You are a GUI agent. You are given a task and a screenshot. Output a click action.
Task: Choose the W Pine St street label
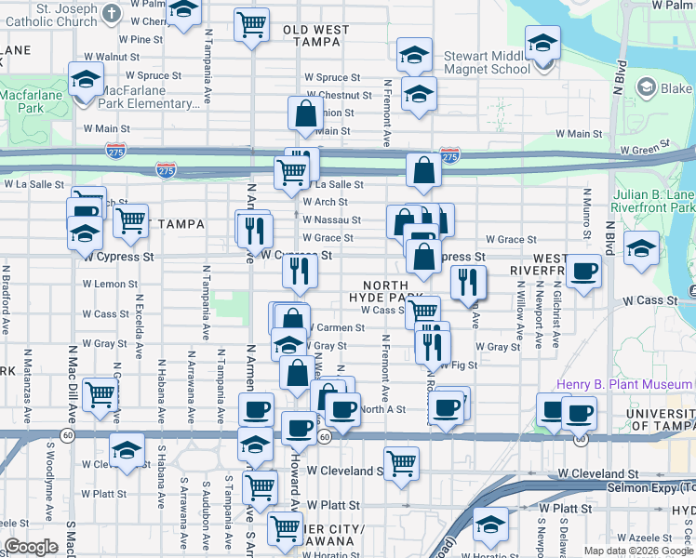(x=141, y=40)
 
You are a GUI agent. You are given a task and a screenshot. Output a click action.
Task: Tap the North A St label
(x=383, y=409)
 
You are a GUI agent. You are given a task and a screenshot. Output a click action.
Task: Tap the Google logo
(x=31, y=548)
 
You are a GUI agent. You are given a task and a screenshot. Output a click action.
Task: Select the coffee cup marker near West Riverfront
(x=583, y=271)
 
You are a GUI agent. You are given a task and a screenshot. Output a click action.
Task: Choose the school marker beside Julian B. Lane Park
(x=641, y=247)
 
